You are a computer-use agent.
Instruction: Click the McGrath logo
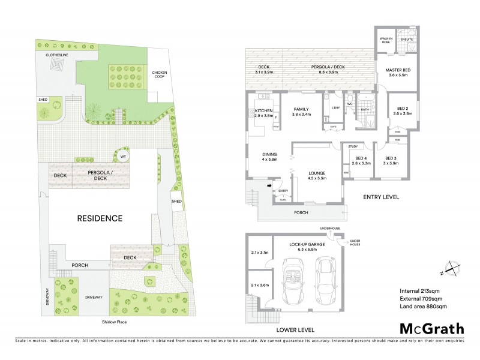coord(431,328)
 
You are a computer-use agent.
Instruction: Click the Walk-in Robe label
coord(385,40)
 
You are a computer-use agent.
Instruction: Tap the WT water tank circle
coord(123,157)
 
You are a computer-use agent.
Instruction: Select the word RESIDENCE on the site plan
coord(100,218)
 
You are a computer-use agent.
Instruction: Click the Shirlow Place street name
coord(114,322)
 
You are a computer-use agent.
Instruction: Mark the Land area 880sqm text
coord(423,307)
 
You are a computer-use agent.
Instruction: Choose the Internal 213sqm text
coord(420,291)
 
